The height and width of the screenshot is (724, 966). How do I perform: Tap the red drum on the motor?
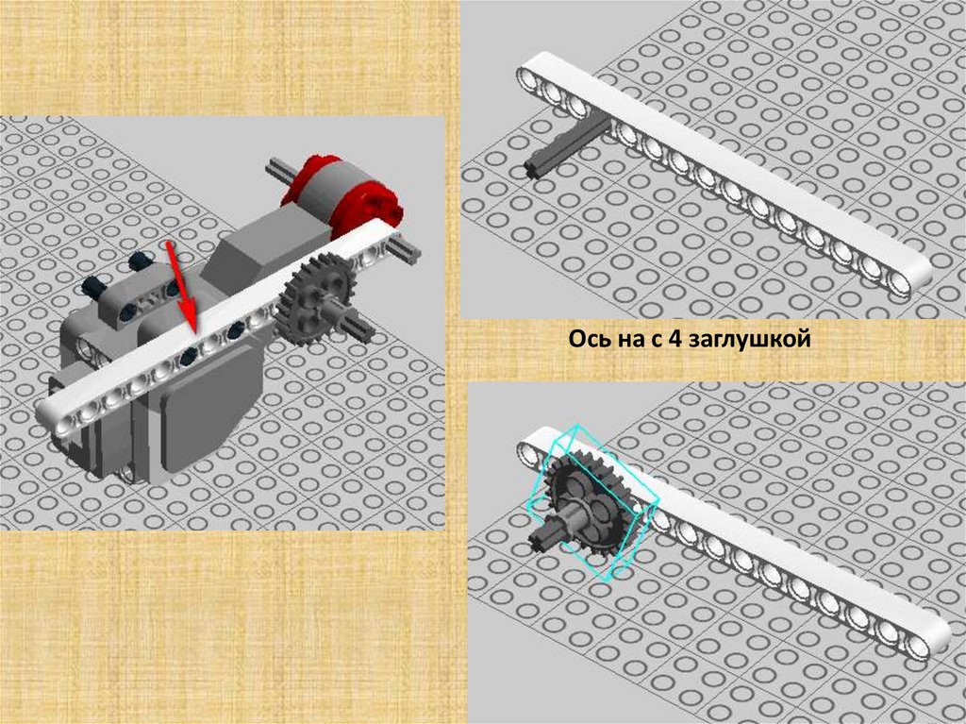click(342, 194)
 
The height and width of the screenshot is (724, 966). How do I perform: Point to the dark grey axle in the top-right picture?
click(567, 146)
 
